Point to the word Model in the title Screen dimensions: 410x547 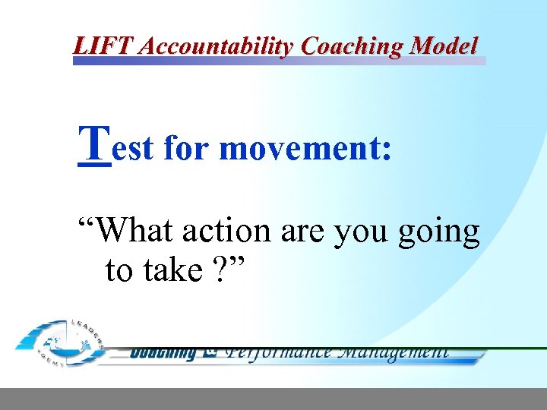pos(444,46)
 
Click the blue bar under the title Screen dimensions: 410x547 pos(279,61)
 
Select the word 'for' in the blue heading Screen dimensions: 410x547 pos(187,147)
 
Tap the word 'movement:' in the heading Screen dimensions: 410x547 pos(305,147)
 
